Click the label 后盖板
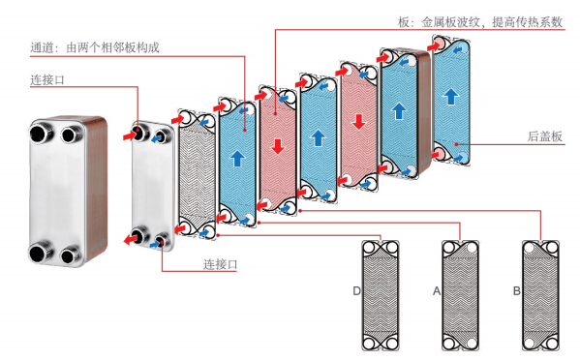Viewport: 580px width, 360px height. pyautogui.click(x=545, y=136)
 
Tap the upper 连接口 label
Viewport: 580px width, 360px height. pyautogui.click(x=47, y=79)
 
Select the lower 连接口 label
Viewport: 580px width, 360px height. pyautogui.click(x=220, y=264)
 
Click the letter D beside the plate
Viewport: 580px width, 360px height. pyautogui.click(x=356, y=291)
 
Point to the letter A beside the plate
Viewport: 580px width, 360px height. pyautogui.click(x=437, y=291)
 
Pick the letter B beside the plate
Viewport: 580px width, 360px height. pyautogui.click(x=517, y=291)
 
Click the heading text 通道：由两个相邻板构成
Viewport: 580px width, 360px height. pyautogui.click(x=95, y=47)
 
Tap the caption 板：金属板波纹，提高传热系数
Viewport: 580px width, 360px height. pyautogui.click(x=480, y=22)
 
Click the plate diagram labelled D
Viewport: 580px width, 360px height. pyautogui.click(x=381, y=295)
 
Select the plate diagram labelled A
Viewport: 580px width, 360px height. pyautogui.click(x=461, y=295)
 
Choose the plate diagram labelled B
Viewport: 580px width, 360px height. pyautogui.click(x=540, y=295)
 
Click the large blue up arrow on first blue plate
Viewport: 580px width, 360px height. pyautogui.click(x=237, y=158)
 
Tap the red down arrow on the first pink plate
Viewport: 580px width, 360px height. pyautogui.click(x=278, y=146)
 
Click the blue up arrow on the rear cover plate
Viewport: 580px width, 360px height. pyautogui.click(x=451, y=96)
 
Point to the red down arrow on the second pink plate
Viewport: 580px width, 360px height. pyautogui.click(x=358, y=122)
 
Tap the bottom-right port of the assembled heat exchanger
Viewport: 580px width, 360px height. pyautogui.click(x=71, y=255)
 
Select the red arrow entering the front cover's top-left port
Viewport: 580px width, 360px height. pyautogui.click(x=130, y=135)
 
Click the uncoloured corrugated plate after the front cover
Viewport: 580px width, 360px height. pyautogui.click(x=197, y=174)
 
